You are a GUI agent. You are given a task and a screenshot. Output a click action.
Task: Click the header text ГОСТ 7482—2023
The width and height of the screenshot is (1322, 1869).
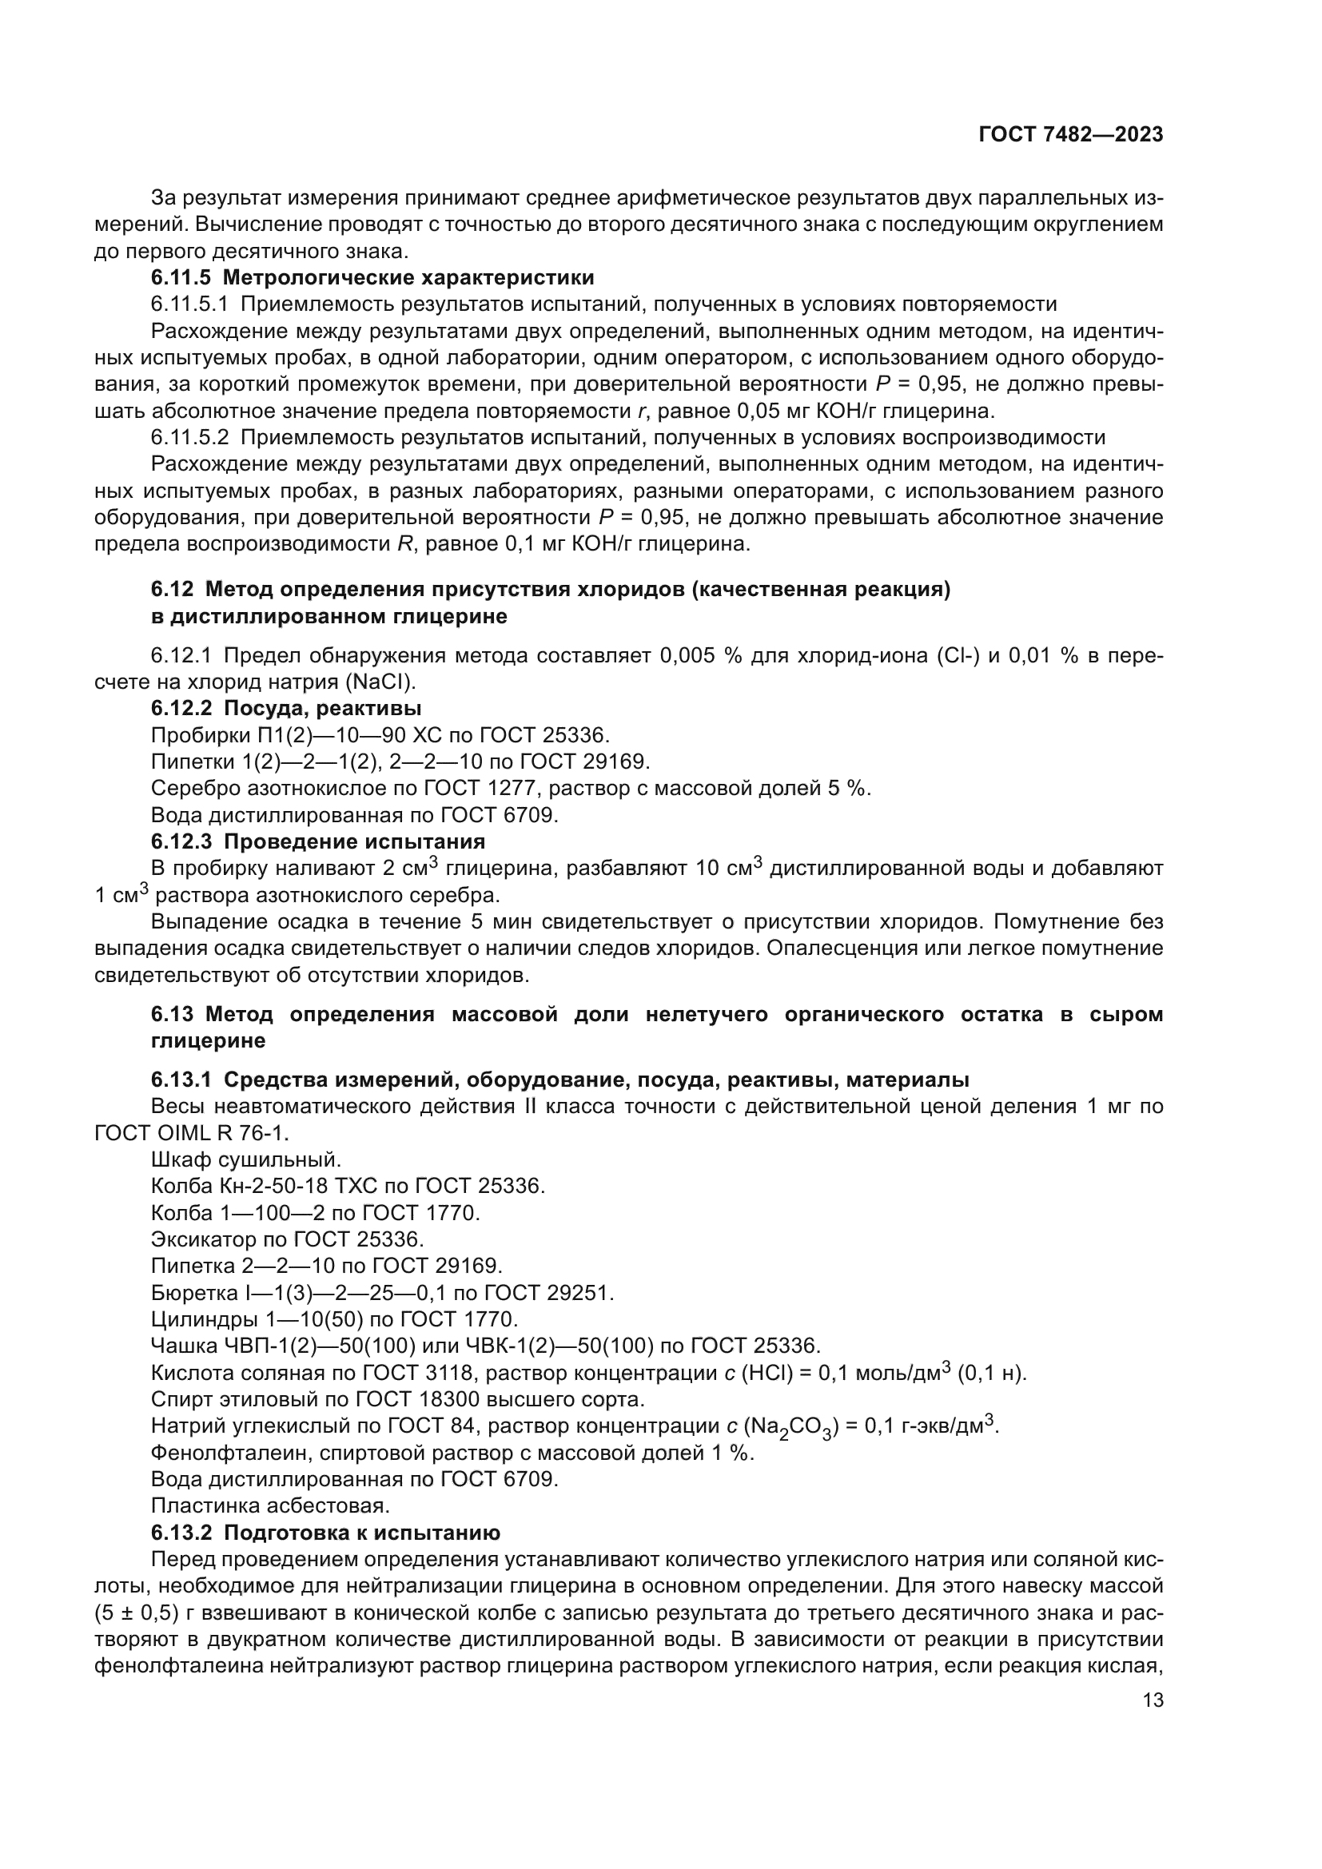point(1070,135)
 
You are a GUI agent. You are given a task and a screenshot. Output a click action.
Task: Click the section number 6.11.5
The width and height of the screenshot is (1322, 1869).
point(181,277)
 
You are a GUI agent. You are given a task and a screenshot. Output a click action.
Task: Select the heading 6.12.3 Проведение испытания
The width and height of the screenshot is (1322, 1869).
point(317,841)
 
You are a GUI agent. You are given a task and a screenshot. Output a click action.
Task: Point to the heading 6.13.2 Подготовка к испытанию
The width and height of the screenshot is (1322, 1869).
point(325,1533)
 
